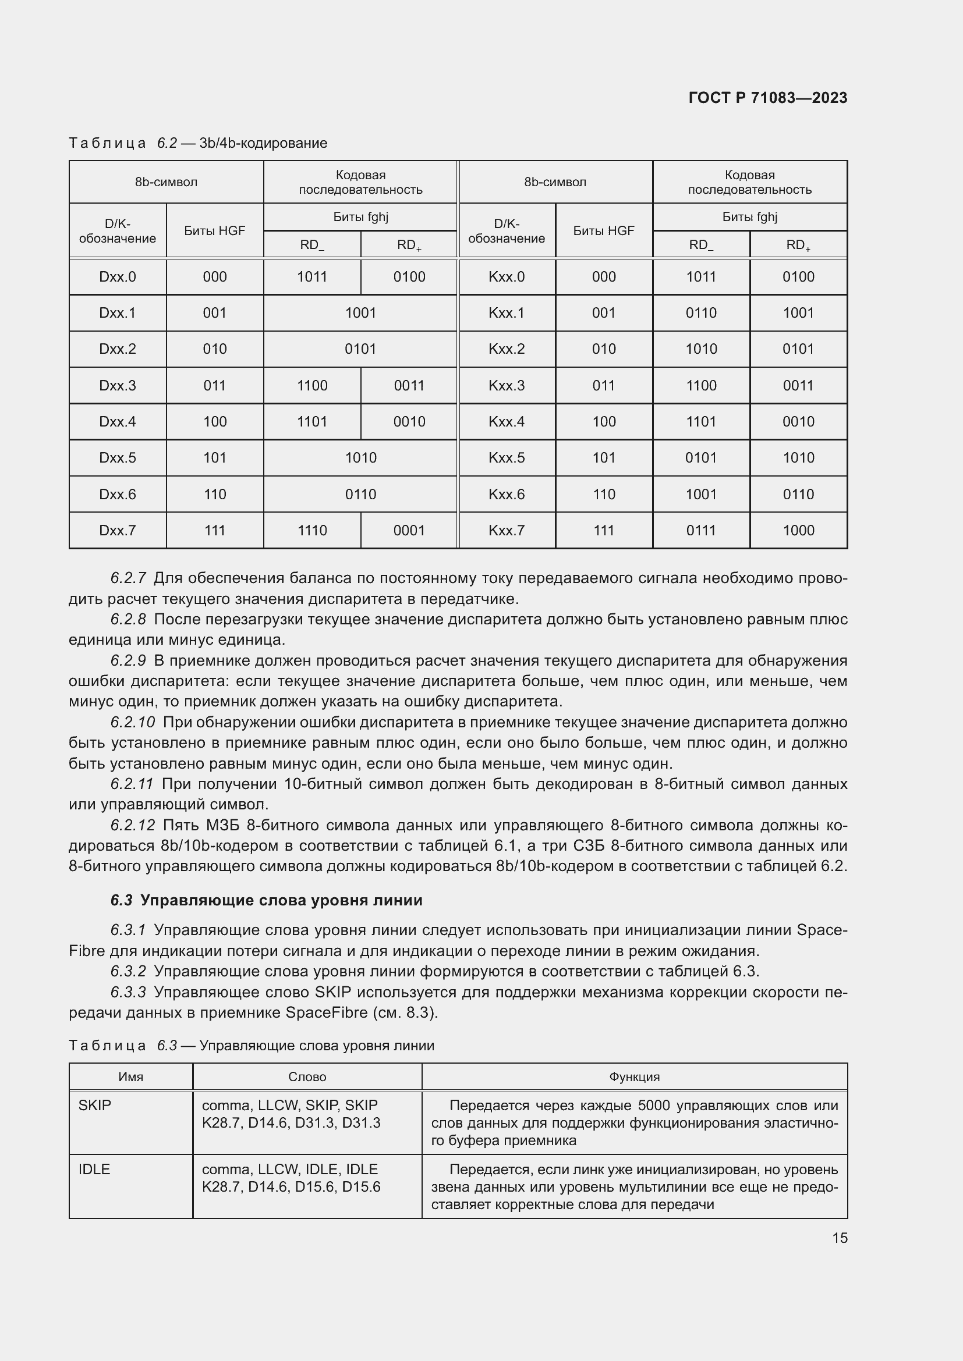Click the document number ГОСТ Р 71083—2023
pos(767,98)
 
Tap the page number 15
pos(840,1238)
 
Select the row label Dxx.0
pos(118,277)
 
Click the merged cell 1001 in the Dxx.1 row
pos(360,313)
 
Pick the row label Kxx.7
pos(507,531)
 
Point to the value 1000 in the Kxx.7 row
pos(798,531)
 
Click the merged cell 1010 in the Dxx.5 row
pos(360,457)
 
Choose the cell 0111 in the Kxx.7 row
pos(701,531)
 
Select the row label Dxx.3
pos(118,386)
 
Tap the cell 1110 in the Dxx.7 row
pos(312,531)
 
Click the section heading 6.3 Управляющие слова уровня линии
pos(266,900)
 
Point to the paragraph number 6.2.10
pos(133,723)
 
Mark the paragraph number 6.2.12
pos(133,825)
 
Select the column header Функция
pos(634,1077)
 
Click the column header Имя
pos(130,1077)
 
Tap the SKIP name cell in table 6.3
pos(95,1106)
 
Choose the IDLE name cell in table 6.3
pos(95,1170)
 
